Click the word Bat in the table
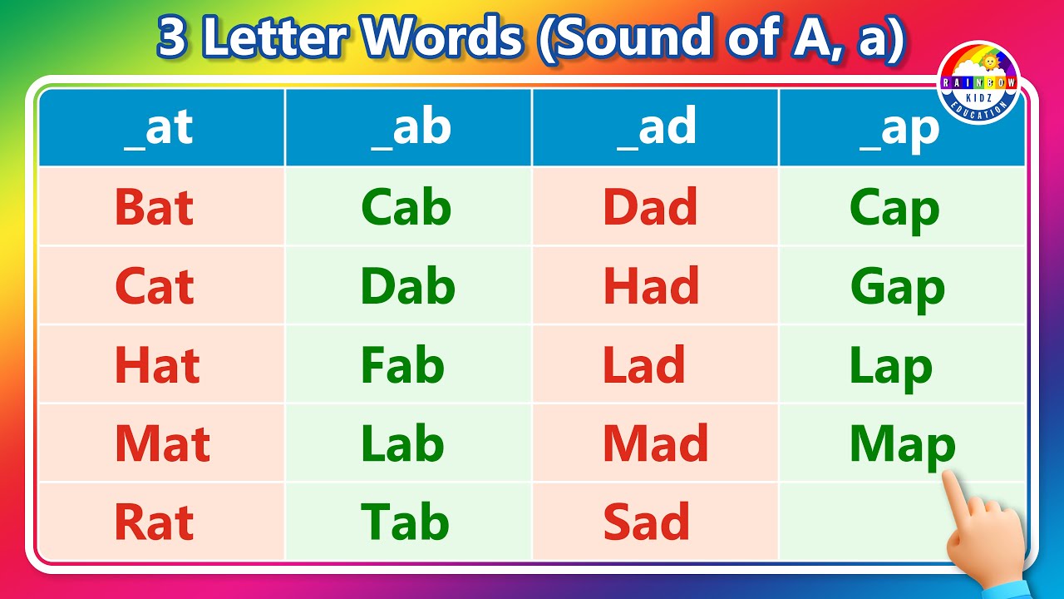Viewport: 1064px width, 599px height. (154, 208)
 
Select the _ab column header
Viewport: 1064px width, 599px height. (410, 127)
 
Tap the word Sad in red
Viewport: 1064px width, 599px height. (646, 522)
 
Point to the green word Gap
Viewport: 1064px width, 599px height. (897, 289)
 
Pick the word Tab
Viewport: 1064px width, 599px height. (405, 522)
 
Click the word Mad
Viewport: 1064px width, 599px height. (655, 443)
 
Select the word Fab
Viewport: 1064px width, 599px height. (402, 366)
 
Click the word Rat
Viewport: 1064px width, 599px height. (154, 522)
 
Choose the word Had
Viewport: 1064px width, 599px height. (651, 287)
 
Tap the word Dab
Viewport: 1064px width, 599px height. (407, 287)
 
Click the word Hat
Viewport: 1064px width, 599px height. (157, 366)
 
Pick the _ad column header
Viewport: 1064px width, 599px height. (656, 127)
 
